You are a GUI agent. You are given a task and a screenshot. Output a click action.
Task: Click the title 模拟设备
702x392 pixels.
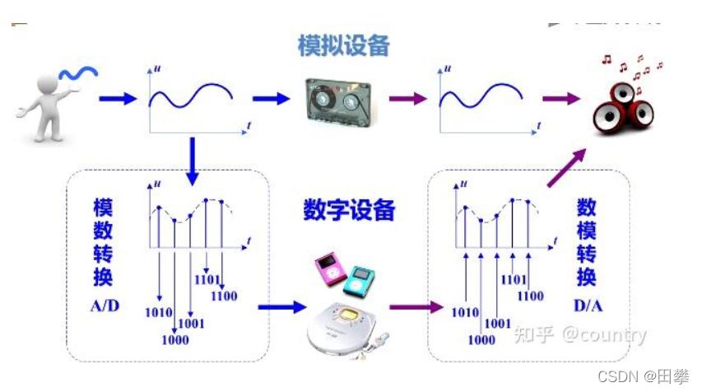point(343,45)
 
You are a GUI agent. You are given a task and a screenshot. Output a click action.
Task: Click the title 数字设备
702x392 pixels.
point(349,210)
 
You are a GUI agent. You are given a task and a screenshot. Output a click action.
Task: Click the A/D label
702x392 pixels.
point(105,306)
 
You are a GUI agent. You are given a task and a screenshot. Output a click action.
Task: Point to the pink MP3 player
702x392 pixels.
point(331,271)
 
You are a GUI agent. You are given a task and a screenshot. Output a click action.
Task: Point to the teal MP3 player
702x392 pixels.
point(360,279)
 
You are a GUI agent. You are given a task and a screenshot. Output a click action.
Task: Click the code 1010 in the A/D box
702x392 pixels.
point(157,312)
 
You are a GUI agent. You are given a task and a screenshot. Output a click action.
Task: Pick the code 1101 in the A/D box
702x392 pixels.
point(207,279)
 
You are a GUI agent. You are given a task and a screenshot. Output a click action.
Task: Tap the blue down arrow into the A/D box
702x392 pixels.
point(192,161)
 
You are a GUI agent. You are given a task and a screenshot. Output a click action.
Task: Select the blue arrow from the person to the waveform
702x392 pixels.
point(116,99)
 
